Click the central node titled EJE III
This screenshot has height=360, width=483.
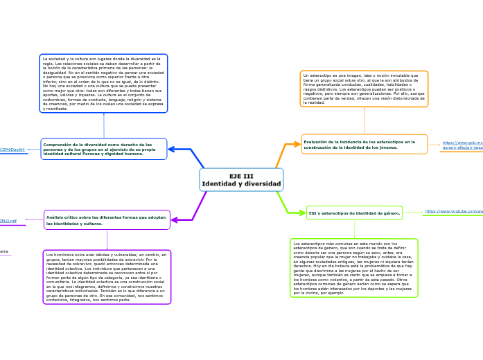[241, 180]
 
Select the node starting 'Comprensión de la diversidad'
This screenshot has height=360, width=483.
[104, 149]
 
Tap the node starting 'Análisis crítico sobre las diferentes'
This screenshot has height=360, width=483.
[107, 220]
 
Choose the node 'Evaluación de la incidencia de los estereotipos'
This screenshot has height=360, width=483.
[365, 144]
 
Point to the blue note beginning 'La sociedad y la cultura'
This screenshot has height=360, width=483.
[103, 84]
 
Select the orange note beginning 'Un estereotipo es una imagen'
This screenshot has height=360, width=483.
[365, 88]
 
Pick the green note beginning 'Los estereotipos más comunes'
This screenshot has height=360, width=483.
[354, 267]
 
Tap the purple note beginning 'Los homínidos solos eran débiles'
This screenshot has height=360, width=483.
[107, 277]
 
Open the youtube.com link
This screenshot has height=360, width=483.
[454, 210]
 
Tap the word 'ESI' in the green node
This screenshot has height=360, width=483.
[313, 214]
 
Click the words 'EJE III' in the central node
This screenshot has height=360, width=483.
[241, 176]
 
